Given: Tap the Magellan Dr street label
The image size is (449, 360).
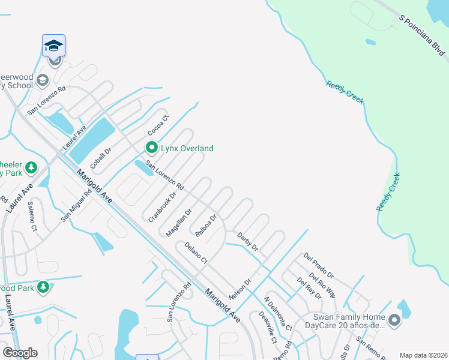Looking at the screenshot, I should (179, 222).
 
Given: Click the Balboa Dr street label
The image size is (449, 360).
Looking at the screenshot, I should (205, 226).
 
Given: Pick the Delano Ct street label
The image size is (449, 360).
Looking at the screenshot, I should (196, 253).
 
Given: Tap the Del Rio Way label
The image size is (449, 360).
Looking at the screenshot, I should (322, 285).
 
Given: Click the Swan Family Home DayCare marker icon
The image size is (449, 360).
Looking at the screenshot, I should (394, 321).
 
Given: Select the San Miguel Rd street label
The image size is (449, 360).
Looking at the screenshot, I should (76, 205).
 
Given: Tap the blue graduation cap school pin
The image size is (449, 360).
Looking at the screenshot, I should (54, 46).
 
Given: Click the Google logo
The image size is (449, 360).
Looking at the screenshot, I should (20, 353).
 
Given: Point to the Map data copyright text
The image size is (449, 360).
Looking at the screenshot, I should (424, 355).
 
